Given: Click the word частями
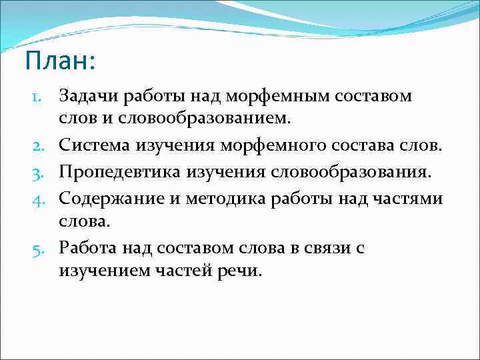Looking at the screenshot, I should [412, 197].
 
